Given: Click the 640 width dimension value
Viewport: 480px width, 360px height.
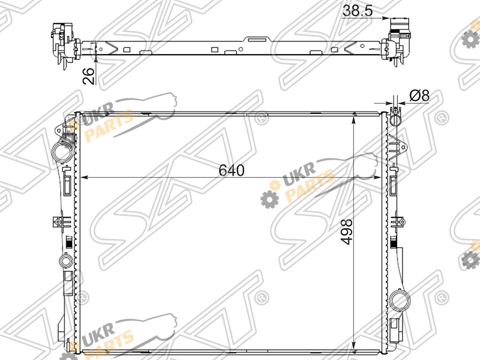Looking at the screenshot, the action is (232, 170).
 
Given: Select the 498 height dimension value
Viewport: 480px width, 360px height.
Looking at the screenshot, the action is (347, 232).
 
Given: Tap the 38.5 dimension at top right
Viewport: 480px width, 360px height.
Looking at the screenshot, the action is (358, 11).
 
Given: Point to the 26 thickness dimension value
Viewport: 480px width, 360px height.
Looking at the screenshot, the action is (89, 76).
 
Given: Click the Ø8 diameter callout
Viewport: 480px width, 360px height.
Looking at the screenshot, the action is (419, 95).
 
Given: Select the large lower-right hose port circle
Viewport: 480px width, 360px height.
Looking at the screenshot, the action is (400, 300).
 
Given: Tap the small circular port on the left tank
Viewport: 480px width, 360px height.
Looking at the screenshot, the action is (65, 261).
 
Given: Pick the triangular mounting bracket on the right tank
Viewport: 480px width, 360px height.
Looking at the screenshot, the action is (398, 147).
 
